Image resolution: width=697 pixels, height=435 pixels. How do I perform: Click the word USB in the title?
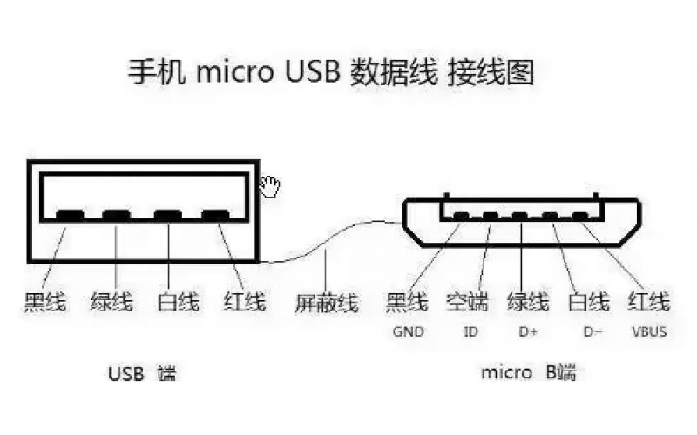[309, 72]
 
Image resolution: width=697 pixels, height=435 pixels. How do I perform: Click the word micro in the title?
[231, 73]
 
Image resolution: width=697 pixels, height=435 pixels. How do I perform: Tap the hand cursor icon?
[271, 185]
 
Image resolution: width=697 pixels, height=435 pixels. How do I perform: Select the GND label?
[407, 331]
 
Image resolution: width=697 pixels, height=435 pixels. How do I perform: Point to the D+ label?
[528, 331]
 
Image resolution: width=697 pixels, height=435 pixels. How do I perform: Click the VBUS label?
[649, 331]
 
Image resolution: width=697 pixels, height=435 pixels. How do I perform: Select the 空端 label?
[467, 303]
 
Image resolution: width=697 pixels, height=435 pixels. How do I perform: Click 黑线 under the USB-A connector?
[44, 303]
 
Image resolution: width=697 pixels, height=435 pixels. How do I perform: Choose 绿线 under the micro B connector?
[528, 303]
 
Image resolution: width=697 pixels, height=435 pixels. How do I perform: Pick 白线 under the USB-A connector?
[178, 303]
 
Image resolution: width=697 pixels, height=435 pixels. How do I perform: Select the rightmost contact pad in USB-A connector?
[214, 214]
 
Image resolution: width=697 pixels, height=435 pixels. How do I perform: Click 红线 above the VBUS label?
[649, 303]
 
